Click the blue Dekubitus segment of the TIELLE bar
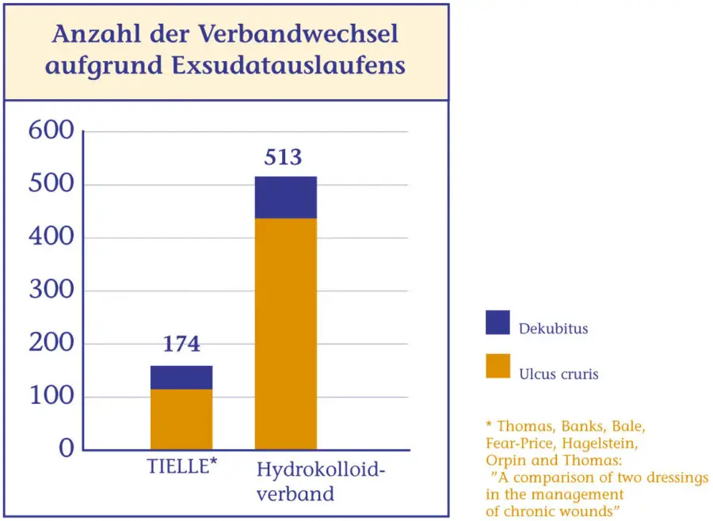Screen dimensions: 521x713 click(x=181, y=378)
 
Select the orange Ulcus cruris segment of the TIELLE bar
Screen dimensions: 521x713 click(x=181, y=420)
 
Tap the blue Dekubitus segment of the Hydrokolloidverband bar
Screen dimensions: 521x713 click(x=285, y=197)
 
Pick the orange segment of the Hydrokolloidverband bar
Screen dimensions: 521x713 click(x=285, y=333)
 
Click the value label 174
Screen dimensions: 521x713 click(x=181, y=344)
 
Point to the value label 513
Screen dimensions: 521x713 click(x=283, y=157)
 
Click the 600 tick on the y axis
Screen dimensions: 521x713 click(x=51, y=131)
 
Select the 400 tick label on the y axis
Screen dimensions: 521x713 click(x=51, y=237)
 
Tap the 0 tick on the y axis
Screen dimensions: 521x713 click(x=66, y=449)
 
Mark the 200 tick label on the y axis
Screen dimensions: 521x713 click(x=51, y=344)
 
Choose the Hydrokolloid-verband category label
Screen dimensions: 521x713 click(x=320, y=482)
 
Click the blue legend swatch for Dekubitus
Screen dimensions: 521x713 click(x=498, y=322)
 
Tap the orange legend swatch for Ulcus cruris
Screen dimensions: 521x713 click(x=498, y=366)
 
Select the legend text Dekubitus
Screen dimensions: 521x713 click(x=554, y=328)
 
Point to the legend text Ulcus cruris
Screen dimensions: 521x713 click(x=559, y=374)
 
